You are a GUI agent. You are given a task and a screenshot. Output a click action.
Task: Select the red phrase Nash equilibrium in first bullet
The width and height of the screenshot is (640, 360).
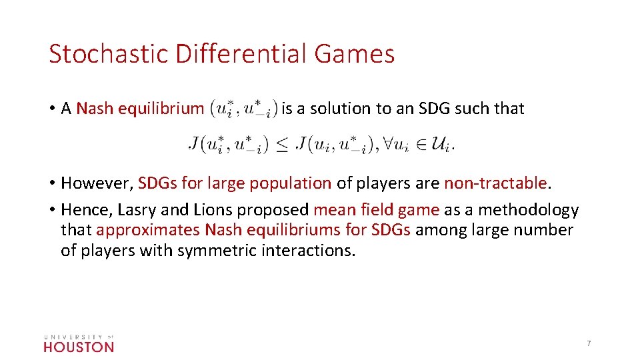point(140,108)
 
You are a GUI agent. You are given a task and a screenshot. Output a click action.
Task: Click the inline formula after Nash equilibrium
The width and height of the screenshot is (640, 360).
point(243,109)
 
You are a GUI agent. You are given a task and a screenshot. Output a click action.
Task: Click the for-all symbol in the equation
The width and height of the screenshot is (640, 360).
point(383,144)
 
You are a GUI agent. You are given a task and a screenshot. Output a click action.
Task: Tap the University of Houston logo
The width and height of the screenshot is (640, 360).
point(79,342)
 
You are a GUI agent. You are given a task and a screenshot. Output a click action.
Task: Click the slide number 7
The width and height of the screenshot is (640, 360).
point(589,343)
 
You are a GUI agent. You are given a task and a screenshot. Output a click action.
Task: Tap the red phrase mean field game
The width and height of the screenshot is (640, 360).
point(376,210)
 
